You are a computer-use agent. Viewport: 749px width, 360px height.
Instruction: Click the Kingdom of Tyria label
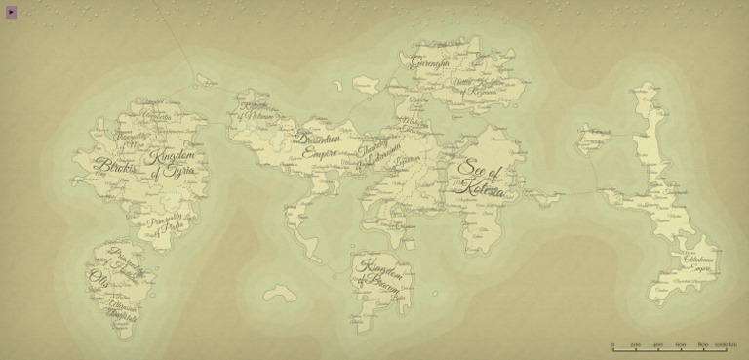173,163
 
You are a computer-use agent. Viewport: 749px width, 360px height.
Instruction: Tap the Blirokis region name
116,167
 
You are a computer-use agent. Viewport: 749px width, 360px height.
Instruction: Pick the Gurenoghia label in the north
430,64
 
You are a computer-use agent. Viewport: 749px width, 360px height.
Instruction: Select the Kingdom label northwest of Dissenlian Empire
256,110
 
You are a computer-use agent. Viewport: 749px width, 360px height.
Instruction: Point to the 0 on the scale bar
612,344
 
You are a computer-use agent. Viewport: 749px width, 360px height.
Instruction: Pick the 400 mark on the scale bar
657,344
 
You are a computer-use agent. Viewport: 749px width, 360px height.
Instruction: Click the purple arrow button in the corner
12,12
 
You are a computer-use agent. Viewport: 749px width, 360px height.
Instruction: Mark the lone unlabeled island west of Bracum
279,292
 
